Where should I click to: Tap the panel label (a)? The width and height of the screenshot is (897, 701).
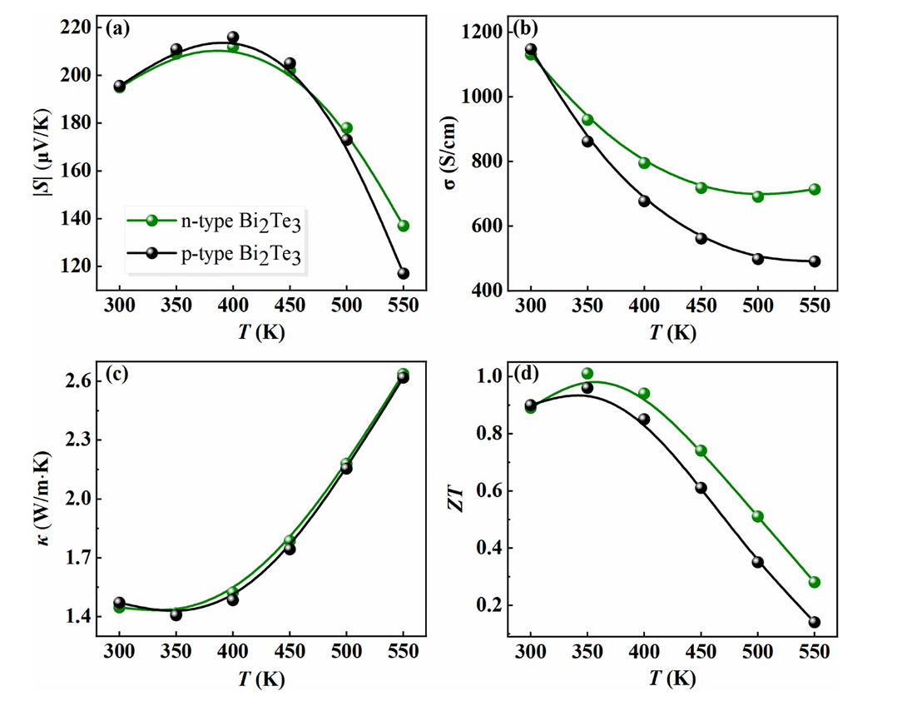(116, 28)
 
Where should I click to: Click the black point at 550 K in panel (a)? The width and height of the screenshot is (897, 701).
(403, 274)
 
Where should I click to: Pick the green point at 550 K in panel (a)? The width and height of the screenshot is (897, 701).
(403, 226)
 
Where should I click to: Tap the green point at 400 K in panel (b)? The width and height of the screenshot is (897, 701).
(644, 163)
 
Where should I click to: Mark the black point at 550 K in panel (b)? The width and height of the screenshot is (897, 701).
(814, 261)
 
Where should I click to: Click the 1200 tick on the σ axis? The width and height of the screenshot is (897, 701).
(480, 32)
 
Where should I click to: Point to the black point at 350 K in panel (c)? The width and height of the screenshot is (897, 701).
(176, 614)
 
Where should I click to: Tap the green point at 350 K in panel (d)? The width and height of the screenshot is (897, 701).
(587, 374)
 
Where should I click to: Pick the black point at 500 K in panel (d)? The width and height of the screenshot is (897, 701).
(757, 562)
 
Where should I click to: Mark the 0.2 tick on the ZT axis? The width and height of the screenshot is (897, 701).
(491, 605)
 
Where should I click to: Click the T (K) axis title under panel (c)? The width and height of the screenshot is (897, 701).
(260, 678)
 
